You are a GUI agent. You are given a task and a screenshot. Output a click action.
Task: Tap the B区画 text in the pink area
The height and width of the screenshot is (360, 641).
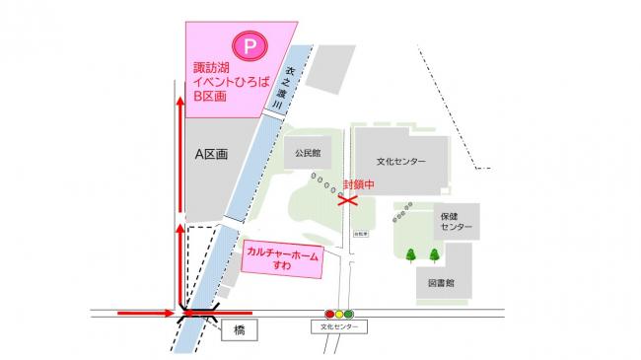[x=209, y=98]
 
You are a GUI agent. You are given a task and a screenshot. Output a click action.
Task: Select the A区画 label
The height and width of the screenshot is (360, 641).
[x=211, y=155]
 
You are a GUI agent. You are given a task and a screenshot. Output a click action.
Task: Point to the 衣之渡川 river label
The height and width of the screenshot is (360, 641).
[x=291, y=83]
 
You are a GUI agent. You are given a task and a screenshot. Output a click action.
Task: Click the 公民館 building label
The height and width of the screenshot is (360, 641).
[x=309, y=154]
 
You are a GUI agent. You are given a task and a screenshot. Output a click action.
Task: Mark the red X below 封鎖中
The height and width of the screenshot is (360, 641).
[x=346, y=200]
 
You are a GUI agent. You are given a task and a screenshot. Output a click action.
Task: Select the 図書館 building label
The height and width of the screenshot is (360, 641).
[x=442, y=282]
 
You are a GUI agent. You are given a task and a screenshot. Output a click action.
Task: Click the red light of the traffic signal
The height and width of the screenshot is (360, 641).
[x=329, y=314]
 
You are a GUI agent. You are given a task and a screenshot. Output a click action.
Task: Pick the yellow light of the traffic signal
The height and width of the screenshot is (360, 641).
[x=339, y=314]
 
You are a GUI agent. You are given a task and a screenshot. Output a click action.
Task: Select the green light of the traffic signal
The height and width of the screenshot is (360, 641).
[x=349, y=314]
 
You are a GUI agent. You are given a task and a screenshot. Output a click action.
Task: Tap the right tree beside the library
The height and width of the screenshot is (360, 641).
[x=434, y=254]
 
